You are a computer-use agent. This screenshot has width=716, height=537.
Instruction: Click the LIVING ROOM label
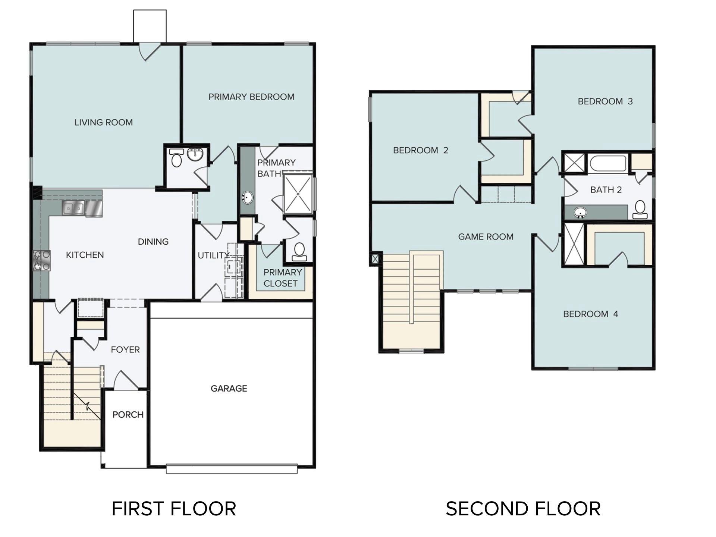pyautogui.click(x=103, y=122)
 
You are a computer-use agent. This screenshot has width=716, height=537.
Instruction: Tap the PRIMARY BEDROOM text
pyautogui.click(x=251, y=97)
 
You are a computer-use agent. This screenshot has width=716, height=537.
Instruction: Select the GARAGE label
pyautogui.click(x=229, y=389)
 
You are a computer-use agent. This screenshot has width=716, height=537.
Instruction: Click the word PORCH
pyautogui.click(x=128, y=415)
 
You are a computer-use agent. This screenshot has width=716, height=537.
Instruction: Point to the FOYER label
pyautogui.click(x=125, y=349)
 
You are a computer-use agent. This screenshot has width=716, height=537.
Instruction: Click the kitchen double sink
pyautogui.click(x=73, y=208)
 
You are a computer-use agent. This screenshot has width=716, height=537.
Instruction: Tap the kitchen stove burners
pyautogui.click(x=42, y=260)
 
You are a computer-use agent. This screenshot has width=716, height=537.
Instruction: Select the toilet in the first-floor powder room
pyautogui.click(x=176, y=159)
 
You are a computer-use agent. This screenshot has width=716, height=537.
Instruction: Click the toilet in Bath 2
pyautogui.click(x=640, y=210)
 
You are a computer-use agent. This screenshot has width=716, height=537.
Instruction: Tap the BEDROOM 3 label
pyautogui.click(x=605, y=101)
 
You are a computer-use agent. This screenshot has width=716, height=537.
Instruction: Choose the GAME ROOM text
pyautogui.click(x=486, y=237)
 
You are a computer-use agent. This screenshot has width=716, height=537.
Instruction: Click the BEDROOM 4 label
pyautogui.click(x=590, y=314)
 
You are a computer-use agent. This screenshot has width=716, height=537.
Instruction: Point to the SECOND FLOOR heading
pyautogui.click(x=523, y=509)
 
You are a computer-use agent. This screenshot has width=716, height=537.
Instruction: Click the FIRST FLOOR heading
pyautogui.click(x=174, y=509)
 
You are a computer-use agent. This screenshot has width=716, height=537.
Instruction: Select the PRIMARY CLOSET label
pyautogui.click(x=282, y=278)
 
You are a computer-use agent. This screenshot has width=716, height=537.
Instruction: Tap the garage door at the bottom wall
pyautogui.click(x=232, y=469)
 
